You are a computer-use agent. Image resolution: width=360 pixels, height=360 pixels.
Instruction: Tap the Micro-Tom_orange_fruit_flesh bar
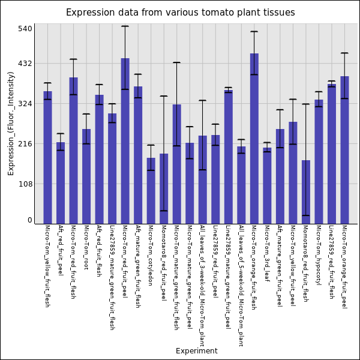[254, 139]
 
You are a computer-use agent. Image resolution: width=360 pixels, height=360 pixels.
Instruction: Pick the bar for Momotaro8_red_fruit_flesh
[306, 192]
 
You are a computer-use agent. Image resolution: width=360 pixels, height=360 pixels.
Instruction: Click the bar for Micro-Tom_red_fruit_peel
[125, 141]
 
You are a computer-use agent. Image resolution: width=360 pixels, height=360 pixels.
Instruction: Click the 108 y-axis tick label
[25, 184]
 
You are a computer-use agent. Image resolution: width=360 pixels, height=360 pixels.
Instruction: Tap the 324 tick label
[25, 104]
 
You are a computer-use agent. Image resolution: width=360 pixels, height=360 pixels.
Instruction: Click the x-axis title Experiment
[196, 351]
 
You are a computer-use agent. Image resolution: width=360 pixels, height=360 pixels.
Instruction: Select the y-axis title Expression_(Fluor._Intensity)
[11, 123]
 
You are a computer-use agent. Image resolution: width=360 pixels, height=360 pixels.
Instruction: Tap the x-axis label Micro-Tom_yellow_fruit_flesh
[47, 266]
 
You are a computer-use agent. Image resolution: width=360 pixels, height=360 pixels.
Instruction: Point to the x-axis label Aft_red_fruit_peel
[61, 250]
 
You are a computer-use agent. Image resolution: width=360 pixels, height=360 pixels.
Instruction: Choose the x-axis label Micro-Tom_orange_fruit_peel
[344, 266]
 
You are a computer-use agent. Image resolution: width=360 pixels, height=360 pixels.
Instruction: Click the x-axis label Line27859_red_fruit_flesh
[331, 262]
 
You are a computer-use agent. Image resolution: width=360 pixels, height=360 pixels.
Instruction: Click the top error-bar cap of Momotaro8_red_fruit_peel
[164, 96]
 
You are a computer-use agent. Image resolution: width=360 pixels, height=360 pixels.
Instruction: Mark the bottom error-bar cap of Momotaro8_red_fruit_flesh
[306, 215]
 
